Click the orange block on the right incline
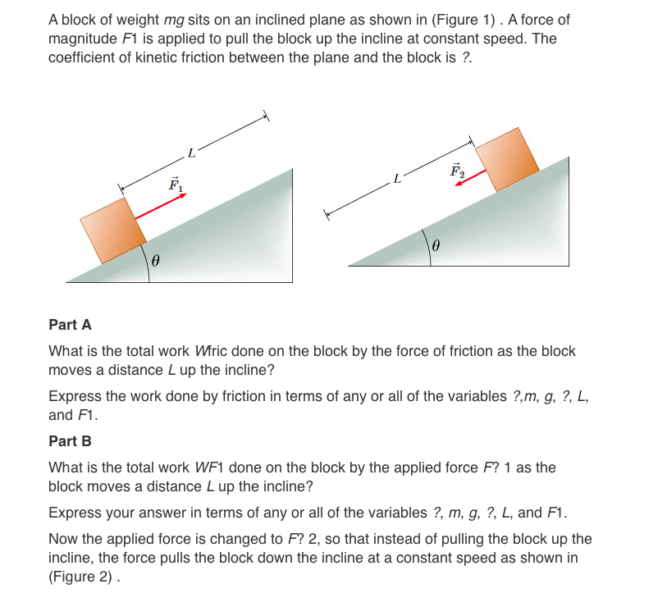coord(508,158)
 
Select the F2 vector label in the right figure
coord(457,171)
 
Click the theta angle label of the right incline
coord(436,245)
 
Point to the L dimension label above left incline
coord(191,153)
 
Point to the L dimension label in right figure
coord(397,178)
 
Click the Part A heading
coord(70,325)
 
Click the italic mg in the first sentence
coord(168,20)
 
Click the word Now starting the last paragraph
coord(64,539)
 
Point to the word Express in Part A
coord(73,396)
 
